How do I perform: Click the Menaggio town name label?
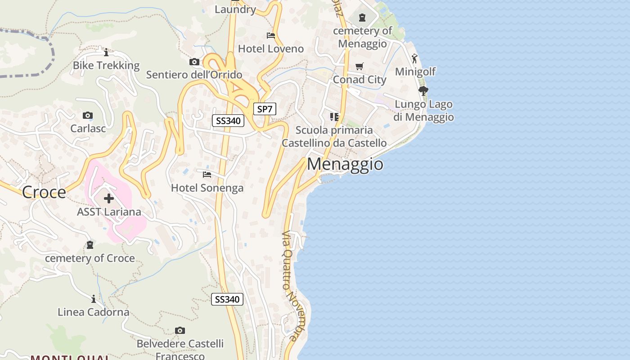(x=345, y=164)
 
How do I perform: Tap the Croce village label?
(x=44, y=193)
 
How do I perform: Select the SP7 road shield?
(x=265, y=109)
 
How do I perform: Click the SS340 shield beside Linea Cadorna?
(x=227, y=299)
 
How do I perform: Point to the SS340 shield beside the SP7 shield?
(x=228, y=121)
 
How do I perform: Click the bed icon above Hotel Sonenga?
(x=207, y=174)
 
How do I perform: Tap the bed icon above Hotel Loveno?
(x=271, y=35)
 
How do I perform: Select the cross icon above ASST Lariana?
(x=109, y=198)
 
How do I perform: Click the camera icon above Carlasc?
(x=88, y=116)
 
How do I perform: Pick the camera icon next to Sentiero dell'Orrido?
(x=194, y=62)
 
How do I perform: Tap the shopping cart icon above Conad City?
(x=359, y=67)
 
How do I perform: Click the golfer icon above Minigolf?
(x=414, y=58)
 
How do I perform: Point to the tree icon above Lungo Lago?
(x=423, y=91)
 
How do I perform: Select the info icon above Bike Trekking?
(x=106, y=52)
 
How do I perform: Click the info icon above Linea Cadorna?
(x=93, y=299)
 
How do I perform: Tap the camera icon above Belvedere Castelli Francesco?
(x=180, y=331)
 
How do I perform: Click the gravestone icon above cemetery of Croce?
(x=90, y=245)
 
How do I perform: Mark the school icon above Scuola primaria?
(x=334, y=117)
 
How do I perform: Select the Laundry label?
(x=235, y=9)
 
